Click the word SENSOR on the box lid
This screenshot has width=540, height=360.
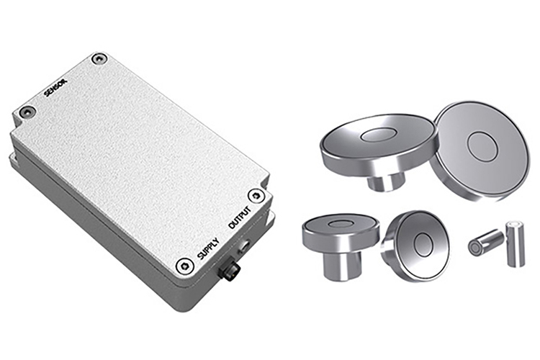click(57, 88)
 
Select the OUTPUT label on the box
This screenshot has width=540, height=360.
click(240, 218)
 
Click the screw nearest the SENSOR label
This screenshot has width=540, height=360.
click(99, 59)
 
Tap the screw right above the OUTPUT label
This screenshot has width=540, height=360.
click(255, 196)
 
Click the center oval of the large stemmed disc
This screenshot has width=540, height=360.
click(377, 135)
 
